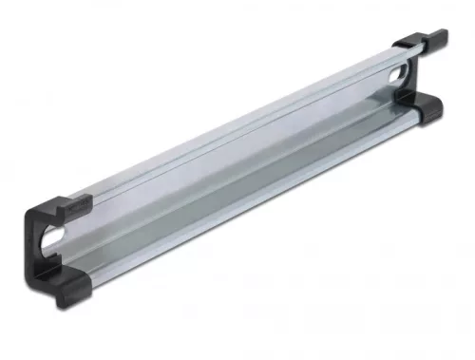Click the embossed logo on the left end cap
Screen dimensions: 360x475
pyautogui.click(x=79, y=202)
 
